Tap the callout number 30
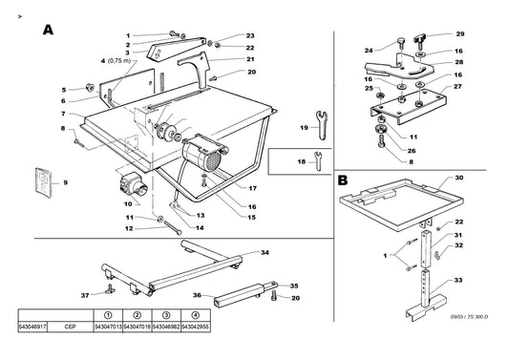[459, 179]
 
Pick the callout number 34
[265, 252]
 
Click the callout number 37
[84, 295]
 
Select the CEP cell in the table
[70, 327]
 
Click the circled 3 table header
[165, 314]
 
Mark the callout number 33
[459, 280]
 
